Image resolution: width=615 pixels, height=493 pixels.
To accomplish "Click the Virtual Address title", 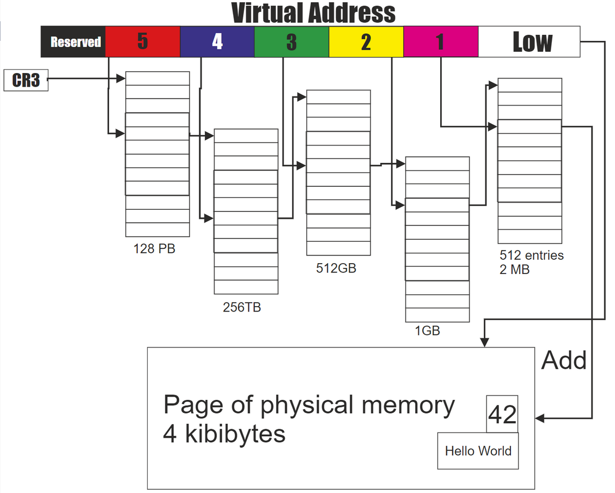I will (314, 13).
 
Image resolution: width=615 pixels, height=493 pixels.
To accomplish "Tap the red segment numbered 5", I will (142, 41).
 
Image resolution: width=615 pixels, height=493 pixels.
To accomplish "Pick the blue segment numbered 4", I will (217, 41).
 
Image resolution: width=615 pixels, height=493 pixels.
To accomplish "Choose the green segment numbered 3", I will (291, 41).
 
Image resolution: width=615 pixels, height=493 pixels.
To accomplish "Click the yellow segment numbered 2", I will (366, 41).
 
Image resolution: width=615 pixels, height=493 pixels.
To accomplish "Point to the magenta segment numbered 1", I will (441, 41).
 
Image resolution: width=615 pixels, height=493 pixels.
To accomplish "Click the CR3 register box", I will (26, 80).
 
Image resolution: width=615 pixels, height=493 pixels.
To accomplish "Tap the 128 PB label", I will (155, 249).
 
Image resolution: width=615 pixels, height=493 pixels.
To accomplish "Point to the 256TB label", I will (242, 307).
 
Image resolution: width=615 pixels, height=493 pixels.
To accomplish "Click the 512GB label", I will (336, 268).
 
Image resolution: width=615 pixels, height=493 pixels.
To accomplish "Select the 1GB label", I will (428, 331).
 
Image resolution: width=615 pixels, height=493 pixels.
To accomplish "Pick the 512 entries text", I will (532, 255).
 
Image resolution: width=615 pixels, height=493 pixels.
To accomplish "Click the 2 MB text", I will (514, 269).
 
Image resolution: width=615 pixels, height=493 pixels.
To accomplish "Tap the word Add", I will (564, 361).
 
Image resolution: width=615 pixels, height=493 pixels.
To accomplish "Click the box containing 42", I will (502, 415).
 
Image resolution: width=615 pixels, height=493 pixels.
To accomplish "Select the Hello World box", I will (478, 451).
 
